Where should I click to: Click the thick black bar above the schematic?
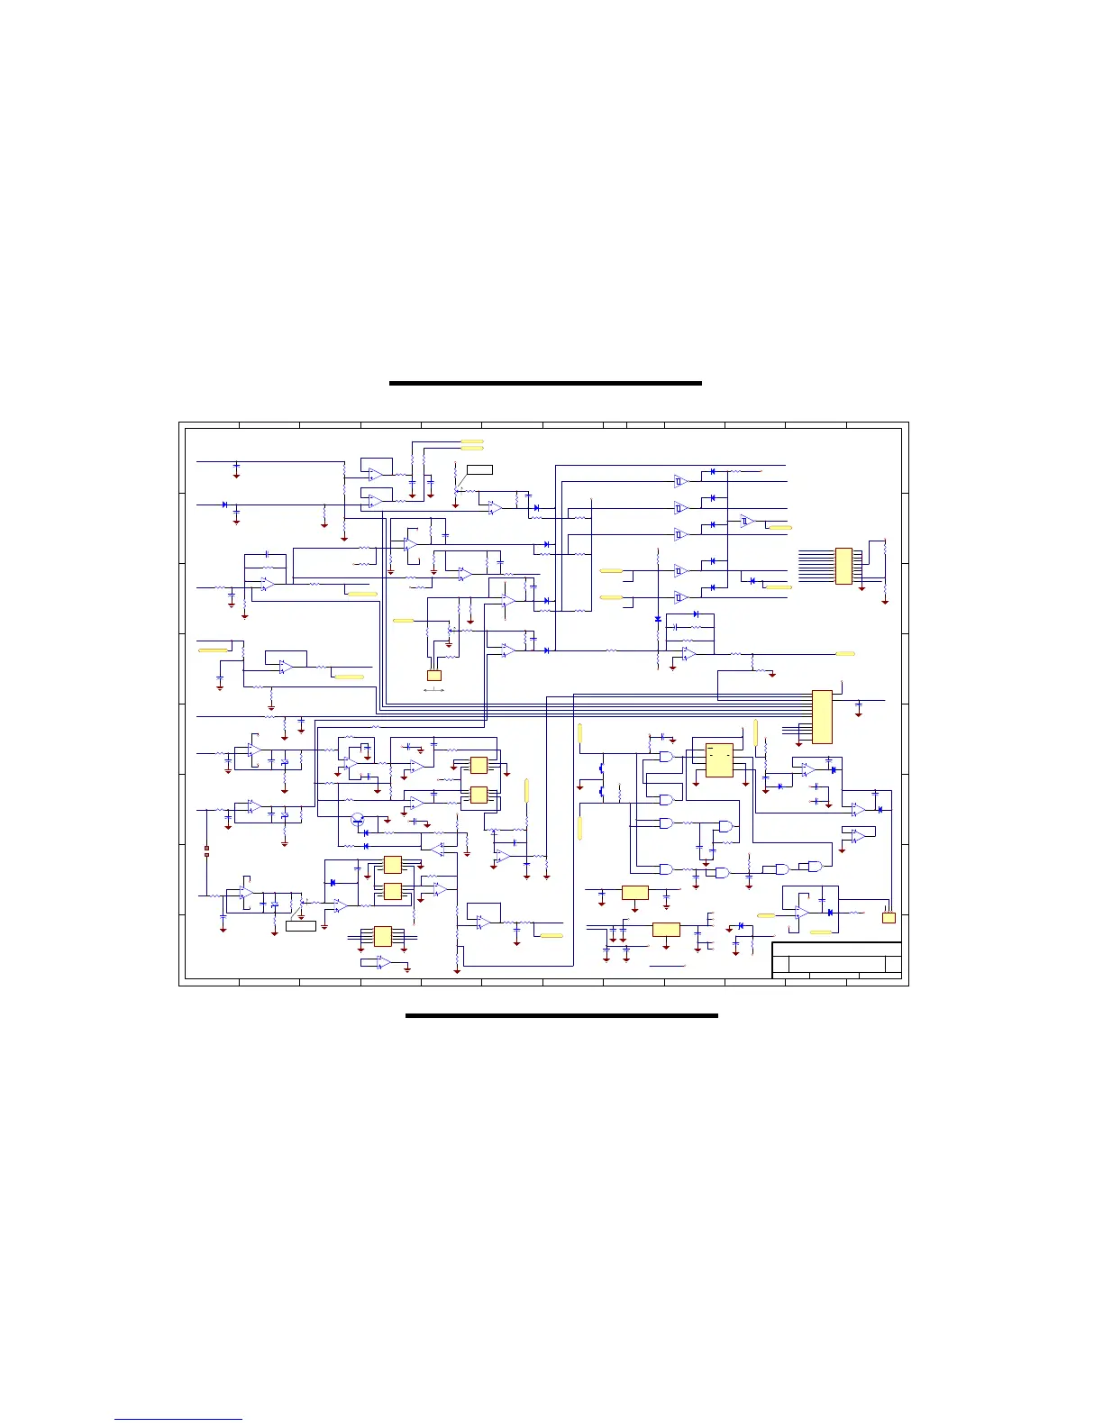pyautogui.click(x=545, y=383)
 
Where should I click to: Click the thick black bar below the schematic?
pyautogui.click(x=561, y=1015)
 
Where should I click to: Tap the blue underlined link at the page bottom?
pyautogui.click(x=178, y=1419)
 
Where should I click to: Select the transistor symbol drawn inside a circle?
pyautogui.click(x=358, y=819)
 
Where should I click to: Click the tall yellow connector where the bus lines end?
pyautogui.click(x=822, y=716)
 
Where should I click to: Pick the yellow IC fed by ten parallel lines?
pyautogui.click(x=843, y=566)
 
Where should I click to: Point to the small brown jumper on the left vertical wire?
pyautogui.click(x=207, y=848)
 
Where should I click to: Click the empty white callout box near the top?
pyautogui.click(x=479, y=468)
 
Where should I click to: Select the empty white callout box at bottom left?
pyautogui.click(x=301, y=925)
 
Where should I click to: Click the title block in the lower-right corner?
pyautogui.click(x=836, y=959)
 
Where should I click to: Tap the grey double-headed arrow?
pyautogui.click(x=433, y=690)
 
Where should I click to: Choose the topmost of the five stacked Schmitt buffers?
pyautogui.click(x=681, y=481)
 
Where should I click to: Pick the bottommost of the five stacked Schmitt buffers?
pyautogui.click(x=681, y=596)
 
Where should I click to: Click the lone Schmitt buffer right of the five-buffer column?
pyautogui.click(x=746, y=521)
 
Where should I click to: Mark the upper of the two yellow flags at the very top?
pyautogui.click(x=471, y=441)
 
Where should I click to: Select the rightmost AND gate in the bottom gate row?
pyautogui.click(x=815, y=866)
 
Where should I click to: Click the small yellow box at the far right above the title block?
pyautogui.click(x=889, y=917)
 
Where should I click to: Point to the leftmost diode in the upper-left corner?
pyautogui.click(x=224, y=504)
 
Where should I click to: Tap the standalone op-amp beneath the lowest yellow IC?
pyautogui.click(x=383, y=962)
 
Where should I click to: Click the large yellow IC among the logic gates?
pyautogui.click(x=719, y=760)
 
